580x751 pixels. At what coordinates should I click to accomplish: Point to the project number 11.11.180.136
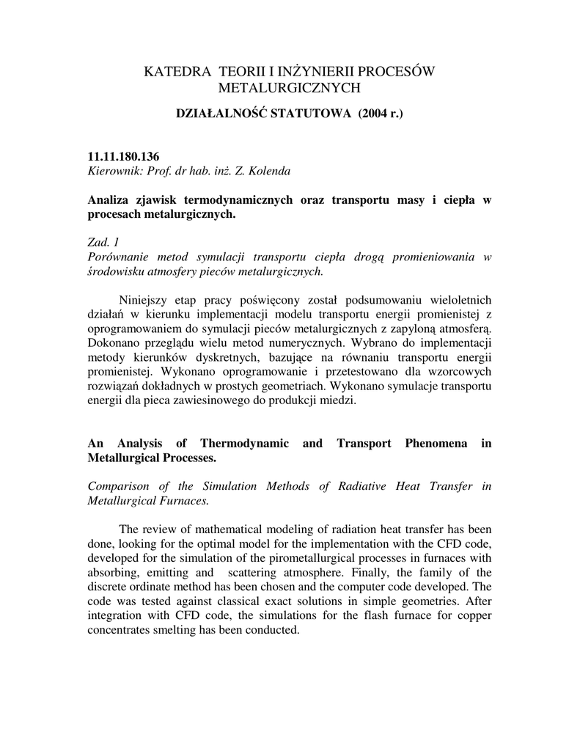(123, 157)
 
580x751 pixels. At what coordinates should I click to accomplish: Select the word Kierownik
(111, 171)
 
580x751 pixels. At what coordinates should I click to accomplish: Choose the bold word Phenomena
(435, 443)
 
